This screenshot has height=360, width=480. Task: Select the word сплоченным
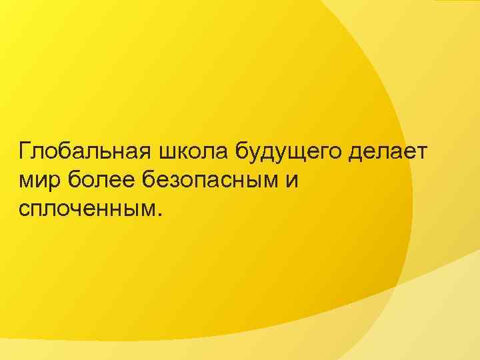click(x=86, y=209)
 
